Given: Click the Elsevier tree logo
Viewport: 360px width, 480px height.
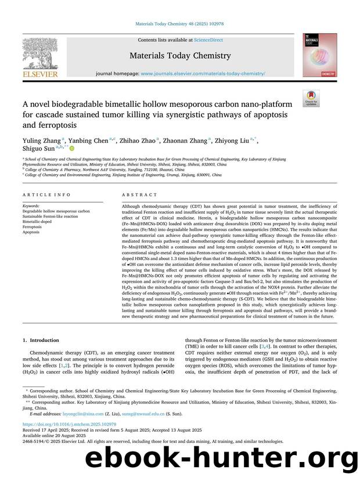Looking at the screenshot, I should (39, 52).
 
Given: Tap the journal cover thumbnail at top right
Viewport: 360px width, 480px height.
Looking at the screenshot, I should (320, 55).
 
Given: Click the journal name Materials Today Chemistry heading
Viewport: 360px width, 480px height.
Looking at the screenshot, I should (179, 56).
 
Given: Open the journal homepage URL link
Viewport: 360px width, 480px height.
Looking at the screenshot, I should (203, 74).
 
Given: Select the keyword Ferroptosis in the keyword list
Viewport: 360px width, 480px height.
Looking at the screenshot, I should (34, 227).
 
